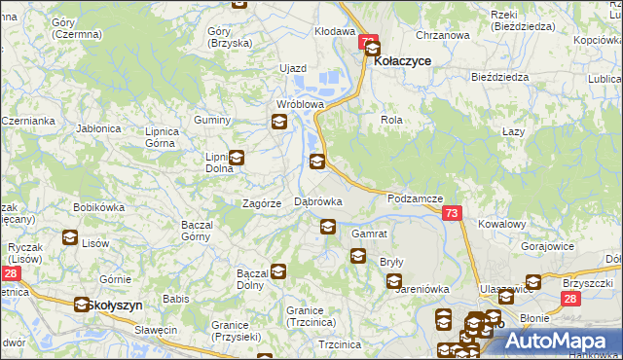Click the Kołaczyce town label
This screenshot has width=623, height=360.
tap(403, 60)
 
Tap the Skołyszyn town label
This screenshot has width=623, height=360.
tap(115, 305)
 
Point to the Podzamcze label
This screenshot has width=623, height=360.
tap(415, 198)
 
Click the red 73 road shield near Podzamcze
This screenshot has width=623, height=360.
tap(451, 213)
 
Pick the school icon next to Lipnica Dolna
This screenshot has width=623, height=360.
tap(236, 158)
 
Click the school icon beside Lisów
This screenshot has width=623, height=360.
tap(70, 236)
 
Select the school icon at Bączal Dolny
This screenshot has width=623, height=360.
tap(278, 271)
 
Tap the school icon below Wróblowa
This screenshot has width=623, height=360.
tap(279, 122)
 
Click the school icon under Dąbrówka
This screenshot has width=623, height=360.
tap(328, 228)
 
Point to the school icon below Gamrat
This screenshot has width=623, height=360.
tap(357, 256)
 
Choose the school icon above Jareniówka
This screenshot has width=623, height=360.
tap(393, 281)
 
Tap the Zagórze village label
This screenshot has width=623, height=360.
tap(262, 203)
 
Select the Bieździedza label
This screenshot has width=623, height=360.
tap(498, 76)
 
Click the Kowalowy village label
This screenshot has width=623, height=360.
tap(502, 224)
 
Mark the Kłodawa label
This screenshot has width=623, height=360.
tap(334, 31)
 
